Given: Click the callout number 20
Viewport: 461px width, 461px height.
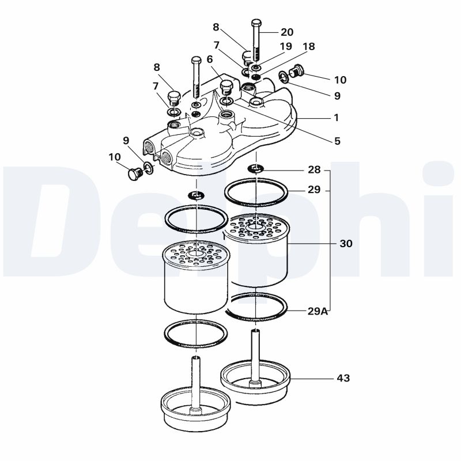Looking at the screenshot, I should (287, 32).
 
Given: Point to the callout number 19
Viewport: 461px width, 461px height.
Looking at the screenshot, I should (286, 47).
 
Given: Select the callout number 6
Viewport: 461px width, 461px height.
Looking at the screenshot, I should (210, 59).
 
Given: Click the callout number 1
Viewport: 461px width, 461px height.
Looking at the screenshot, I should (336, 118).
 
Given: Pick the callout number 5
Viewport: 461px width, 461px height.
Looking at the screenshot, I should (337, 140).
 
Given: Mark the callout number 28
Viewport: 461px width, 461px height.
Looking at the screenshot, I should (313, 171).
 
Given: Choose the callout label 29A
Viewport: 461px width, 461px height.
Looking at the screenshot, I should (318, 311).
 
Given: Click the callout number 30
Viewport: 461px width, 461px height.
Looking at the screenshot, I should (346, 244).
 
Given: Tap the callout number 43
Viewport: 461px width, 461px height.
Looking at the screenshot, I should (343, 379).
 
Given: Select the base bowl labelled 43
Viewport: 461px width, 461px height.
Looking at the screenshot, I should (255, 384).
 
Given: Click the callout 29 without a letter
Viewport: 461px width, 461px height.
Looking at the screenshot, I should (313, 190).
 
